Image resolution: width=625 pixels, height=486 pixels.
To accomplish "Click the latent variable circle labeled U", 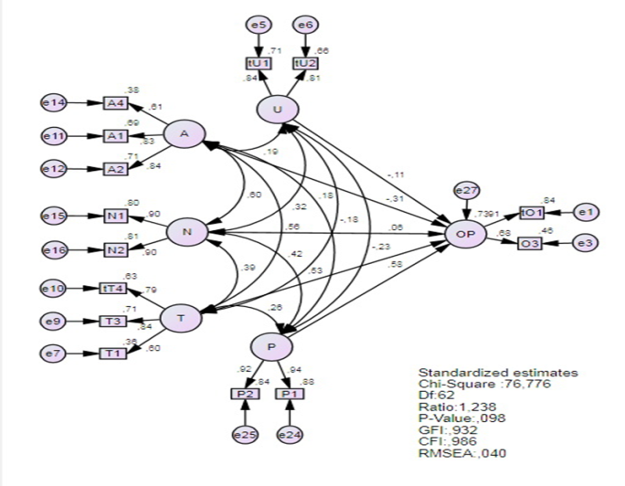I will click(277, 111).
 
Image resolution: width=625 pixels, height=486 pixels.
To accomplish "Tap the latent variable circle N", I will click(186, 233).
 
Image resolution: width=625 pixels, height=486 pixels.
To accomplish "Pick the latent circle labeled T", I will click(181, 318).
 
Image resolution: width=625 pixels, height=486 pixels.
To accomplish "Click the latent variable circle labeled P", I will click(271, 347).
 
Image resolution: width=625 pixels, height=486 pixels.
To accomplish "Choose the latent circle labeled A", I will click(185, 135).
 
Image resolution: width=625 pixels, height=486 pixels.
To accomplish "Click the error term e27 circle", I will click(466, 191).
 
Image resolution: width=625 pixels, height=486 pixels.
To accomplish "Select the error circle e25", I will click(245, 434).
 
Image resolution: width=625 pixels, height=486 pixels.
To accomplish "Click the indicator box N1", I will click(116, 217).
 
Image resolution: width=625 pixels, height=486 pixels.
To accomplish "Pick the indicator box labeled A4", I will click(116, 102).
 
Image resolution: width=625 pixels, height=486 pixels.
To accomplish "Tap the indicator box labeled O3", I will click(531, 244).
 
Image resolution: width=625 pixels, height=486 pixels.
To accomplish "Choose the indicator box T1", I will click(113, 353).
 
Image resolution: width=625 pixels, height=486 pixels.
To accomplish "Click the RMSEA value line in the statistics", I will click(461, 452).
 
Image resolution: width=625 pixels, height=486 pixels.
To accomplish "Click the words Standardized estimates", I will click(484, 374).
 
